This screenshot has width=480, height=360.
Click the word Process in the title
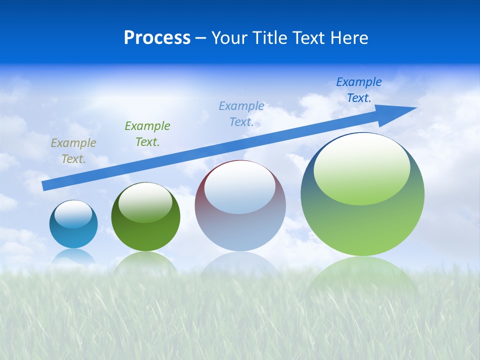pos(157,38)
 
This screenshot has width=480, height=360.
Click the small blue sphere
pos(73,235)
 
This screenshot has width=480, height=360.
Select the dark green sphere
pos(145,235)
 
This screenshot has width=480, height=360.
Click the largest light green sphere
pos(362,225)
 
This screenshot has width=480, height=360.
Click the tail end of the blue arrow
pos(45,185)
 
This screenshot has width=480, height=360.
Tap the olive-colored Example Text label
pos(73,151)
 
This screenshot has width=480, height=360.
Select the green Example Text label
pos(147,134)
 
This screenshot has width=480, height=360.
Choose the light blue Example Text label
pos(241,114)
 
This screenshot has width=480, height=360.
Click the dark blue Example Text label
pos(359,90)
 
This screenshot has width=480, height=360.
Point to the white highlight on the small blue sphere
pos(73,214)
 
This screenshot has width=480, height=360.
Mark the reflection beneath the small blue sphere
pos(73,256)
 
